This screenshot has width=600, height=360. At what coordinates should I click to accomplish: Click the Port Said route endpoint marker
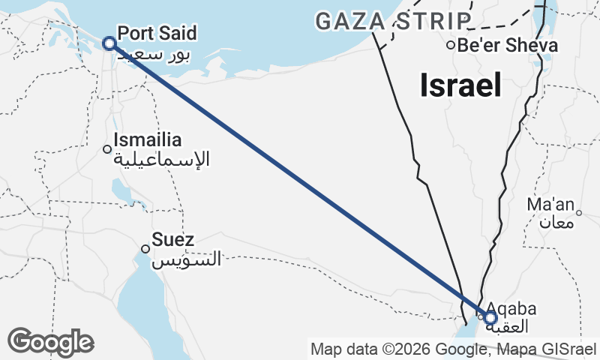coord(109,43)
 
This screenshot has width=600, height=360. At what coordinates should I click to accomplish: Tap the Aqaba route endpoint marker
coord(490,318)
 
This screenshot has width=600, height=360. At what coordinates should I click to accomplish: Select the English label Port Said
coord(157,34)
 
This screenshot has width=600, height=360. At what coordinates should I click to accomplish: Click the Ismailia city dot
coord(107,148)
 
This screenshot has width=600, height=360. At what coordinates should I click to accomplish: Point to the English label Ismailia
coord(148,139)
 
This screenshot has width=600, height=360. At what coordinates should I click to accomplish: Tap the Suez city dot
coord(145,249)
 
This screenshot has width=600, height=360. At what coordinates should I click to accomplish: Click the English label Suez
coord(173,240)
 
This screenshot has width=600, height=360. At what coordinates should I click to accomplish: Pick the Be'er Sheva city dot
coord(450,45)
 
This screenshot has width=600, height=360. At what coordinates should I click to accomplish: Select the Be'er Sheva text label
coord(508,45)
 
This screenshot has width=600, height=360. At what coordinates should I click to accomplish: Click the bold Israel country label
coord(460,85)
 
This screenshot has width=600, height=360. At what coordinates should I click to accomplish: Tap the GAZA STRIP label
coord(394,22)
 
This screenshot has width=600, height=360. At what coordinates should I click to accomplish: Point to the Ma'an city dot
coord(579,212)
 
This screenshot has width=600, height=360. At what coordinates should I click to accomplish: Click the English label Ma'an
coord(550,204)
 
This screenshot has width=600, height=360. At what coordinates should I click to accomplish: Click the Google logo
coord(50,342)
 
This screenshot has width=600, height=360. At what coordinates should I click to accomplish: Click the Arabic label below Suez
coord(187,259)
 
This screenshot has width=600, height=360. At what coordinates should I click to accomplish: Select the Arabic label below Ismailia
coord(161,159)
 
